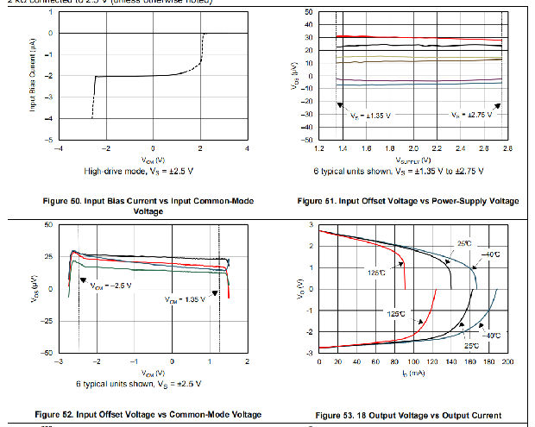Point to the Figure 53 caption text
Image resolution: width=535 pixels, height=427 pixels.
(x=408, y=416)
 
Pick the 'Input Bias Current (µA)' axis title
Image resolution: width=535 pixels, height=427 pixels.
(x=32, y=78)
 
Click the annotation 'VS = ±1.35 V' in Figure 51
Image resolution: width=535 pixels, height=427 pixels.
(x=370, y=115)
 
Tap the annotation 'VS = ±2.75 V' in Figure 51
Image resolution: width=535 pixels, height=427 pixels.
(x=472, y=115)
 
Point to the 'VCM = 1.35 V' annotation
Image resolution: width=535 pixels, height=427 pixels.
(x=187, y=300)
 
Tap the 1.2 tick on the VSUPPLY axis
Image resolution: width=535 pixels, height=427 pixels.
(x=320, y=148)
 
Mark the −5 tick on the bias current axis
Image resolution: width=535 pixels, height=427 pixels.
(x=51, y=139)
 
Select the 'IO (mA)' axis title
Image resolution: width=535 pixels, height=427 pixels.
(x=413, y=374)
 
